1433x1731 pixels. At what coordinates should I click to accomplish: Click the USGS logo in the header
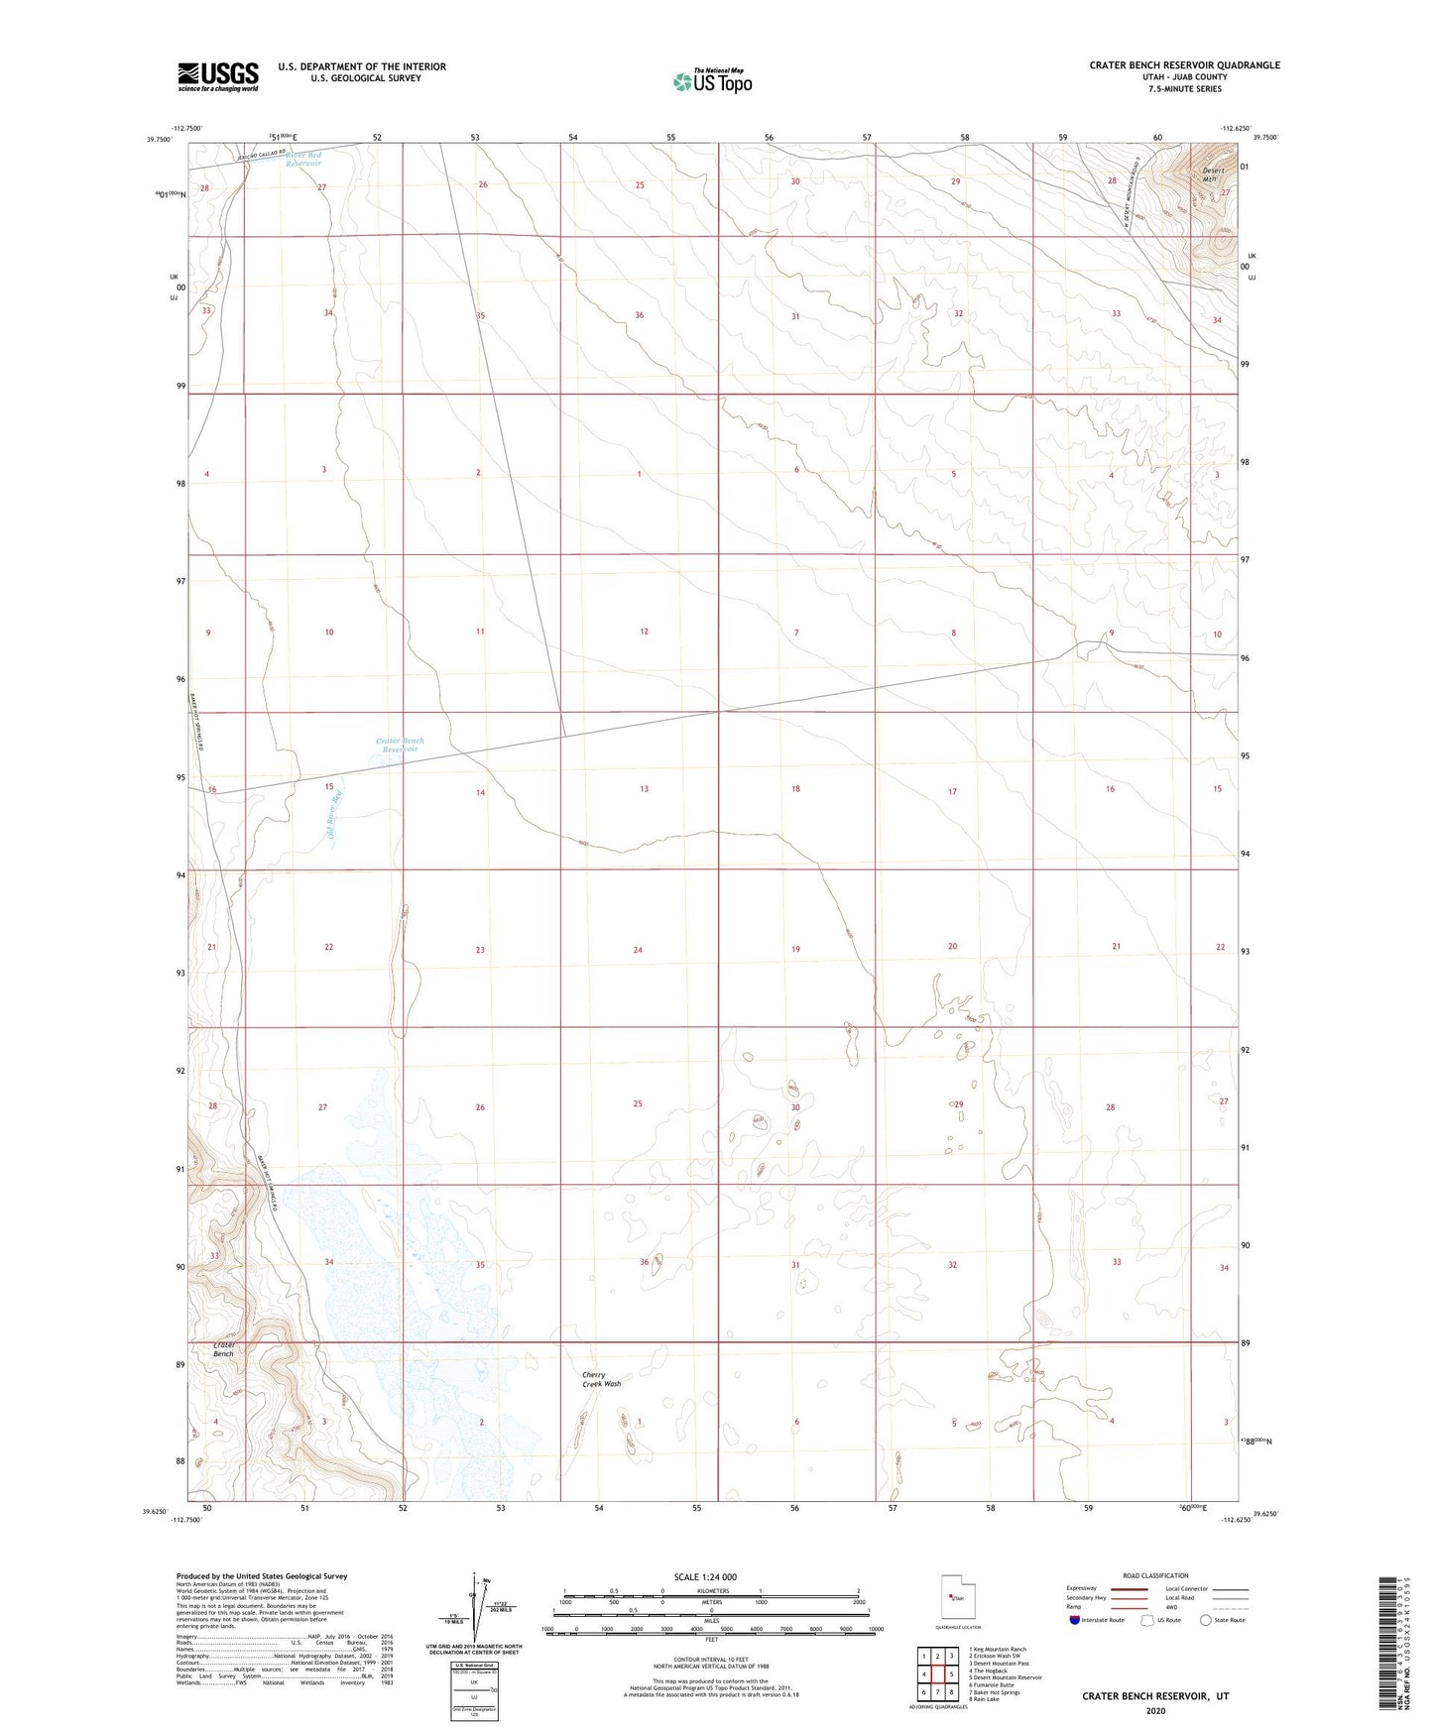point(218,75)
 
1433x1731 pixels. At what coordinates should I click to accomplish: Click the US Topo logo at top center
point(712,81)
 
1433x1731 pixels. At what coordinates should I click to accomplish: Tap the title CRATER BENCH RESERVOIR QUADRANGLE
point(1184,65)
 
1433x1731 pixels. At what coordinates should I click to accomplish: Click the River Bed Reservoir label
point(303,159)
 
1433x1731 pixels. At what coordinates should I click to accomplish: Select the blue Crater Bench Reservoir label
point(399,745)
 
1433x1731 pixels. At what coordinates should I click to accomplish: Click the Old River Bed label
point(335,813)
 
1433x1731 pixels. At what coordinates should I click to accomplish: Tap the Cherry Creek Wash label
point(601,1379)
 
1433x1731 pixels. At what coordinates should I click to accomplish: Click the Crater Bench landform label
point(224,1349)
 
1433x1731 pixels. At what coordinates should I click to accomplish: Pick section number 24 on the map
point(638,950)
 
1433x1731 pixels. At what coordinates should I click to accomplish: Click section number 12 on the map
point(644,632)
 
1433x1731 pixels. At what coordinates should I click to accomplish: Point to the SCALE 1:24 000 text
point(704,1576)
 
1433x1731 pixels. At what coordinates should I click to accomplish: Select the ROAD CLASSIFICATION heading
point(1155,1575)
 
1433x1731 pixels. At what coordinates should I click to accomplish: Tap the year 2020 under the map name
point(1155,1710)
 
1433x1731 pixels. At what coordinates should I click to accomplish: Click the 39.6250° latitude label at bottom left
point(158,1512)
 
